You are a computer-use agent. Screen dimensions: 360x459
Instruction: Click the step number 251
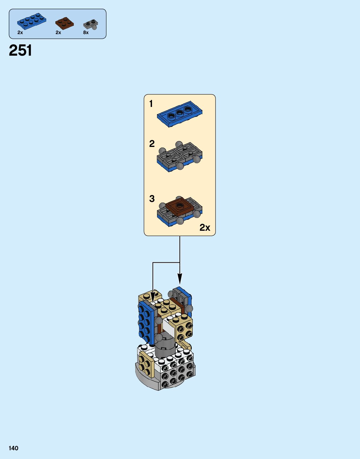(x=20, y=50)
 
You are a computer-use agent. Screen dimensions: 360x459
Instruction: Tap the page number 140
(x=13, y=448)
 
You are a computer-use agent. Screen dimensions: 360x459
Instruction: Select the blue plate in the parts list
(x=31, y=21)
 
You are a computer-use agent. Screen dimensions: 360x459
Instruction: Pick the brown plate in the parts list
(x=64, y=23)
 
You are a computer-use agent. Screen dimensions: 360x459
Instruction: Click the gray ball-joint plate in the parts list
(x=91, y=24)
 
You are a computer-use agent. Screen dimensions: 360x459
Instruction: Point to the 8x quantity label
(x=86, y=33)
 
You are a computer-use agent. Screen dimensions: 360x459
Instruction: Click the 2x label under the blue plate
(x=20, y=33)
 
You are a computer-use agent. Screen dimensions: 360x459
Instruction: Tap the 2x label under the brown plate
(x=58, y=33)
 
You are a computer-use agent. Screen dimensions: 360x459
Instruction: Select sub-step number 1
(x=151, y=103)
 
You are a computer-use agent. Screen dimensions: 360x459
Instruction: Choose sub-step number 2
(x=152, y=144)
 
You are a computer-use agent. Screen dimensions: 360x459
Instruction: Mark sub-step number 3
(x=152, y=199)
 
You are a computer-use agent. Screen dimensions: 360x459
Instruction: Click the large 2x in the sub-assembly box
(x=205, y=227)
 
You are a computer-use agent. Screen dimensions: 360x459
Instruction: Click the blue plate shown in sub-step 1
(x=179, y=114)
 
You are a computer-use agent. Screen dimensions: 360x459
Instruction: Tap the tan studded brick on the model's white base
(x=146, y=365)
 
